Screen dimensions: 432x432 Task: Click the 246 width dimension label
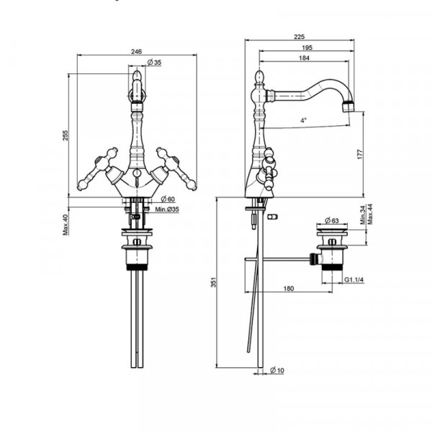point(136,52)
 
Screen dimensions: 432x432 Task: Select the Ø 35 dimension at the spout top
point(154,63)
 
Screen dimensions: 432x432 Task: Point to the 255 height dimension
point(66,135)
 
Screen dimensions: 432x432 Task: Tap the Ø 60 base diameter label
point(168,199)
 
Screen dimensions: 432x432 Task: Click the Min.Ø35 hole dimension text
point(167,210)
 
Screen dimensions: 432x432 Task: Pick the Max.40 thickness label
point(66,225)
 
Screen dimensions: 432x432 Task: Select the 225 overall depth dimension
point(300,37)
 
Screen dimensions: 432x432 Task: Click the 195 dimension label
point(307,48)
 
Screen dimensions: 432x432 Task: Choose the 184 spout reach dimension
point(304,58)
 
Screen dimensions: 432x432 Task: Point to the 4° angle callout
point(303,120)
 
